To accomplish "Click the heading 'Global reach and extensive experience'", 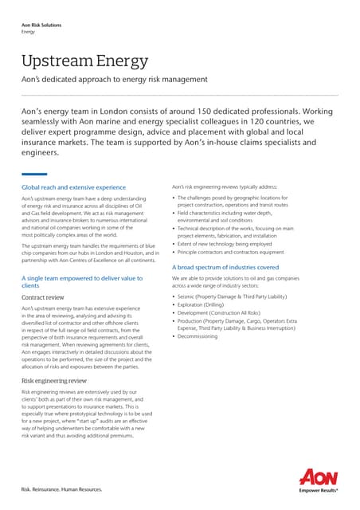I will [x=73, y=187].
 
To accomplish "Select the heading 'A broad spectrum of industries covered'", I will [x=225, y=268].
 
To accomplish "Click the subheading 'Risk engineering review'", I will [x=52, y=382].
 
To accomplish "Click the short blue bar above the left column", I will [x=34, y=175].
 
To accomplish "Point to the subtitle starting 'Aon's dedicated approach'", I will [x=114, y=79].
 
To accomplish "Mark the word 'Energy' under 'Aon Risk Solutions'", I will [x=29, y=34].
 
